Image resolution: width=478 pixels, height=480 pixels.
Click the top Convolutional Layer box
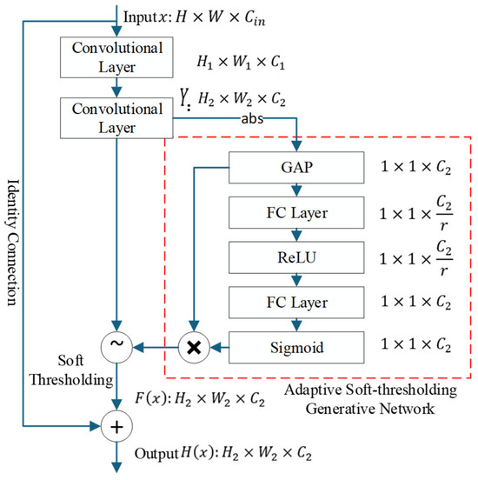[116, 57]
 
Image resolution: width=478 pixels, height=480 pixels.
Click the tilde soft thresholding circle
[116, 348]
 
